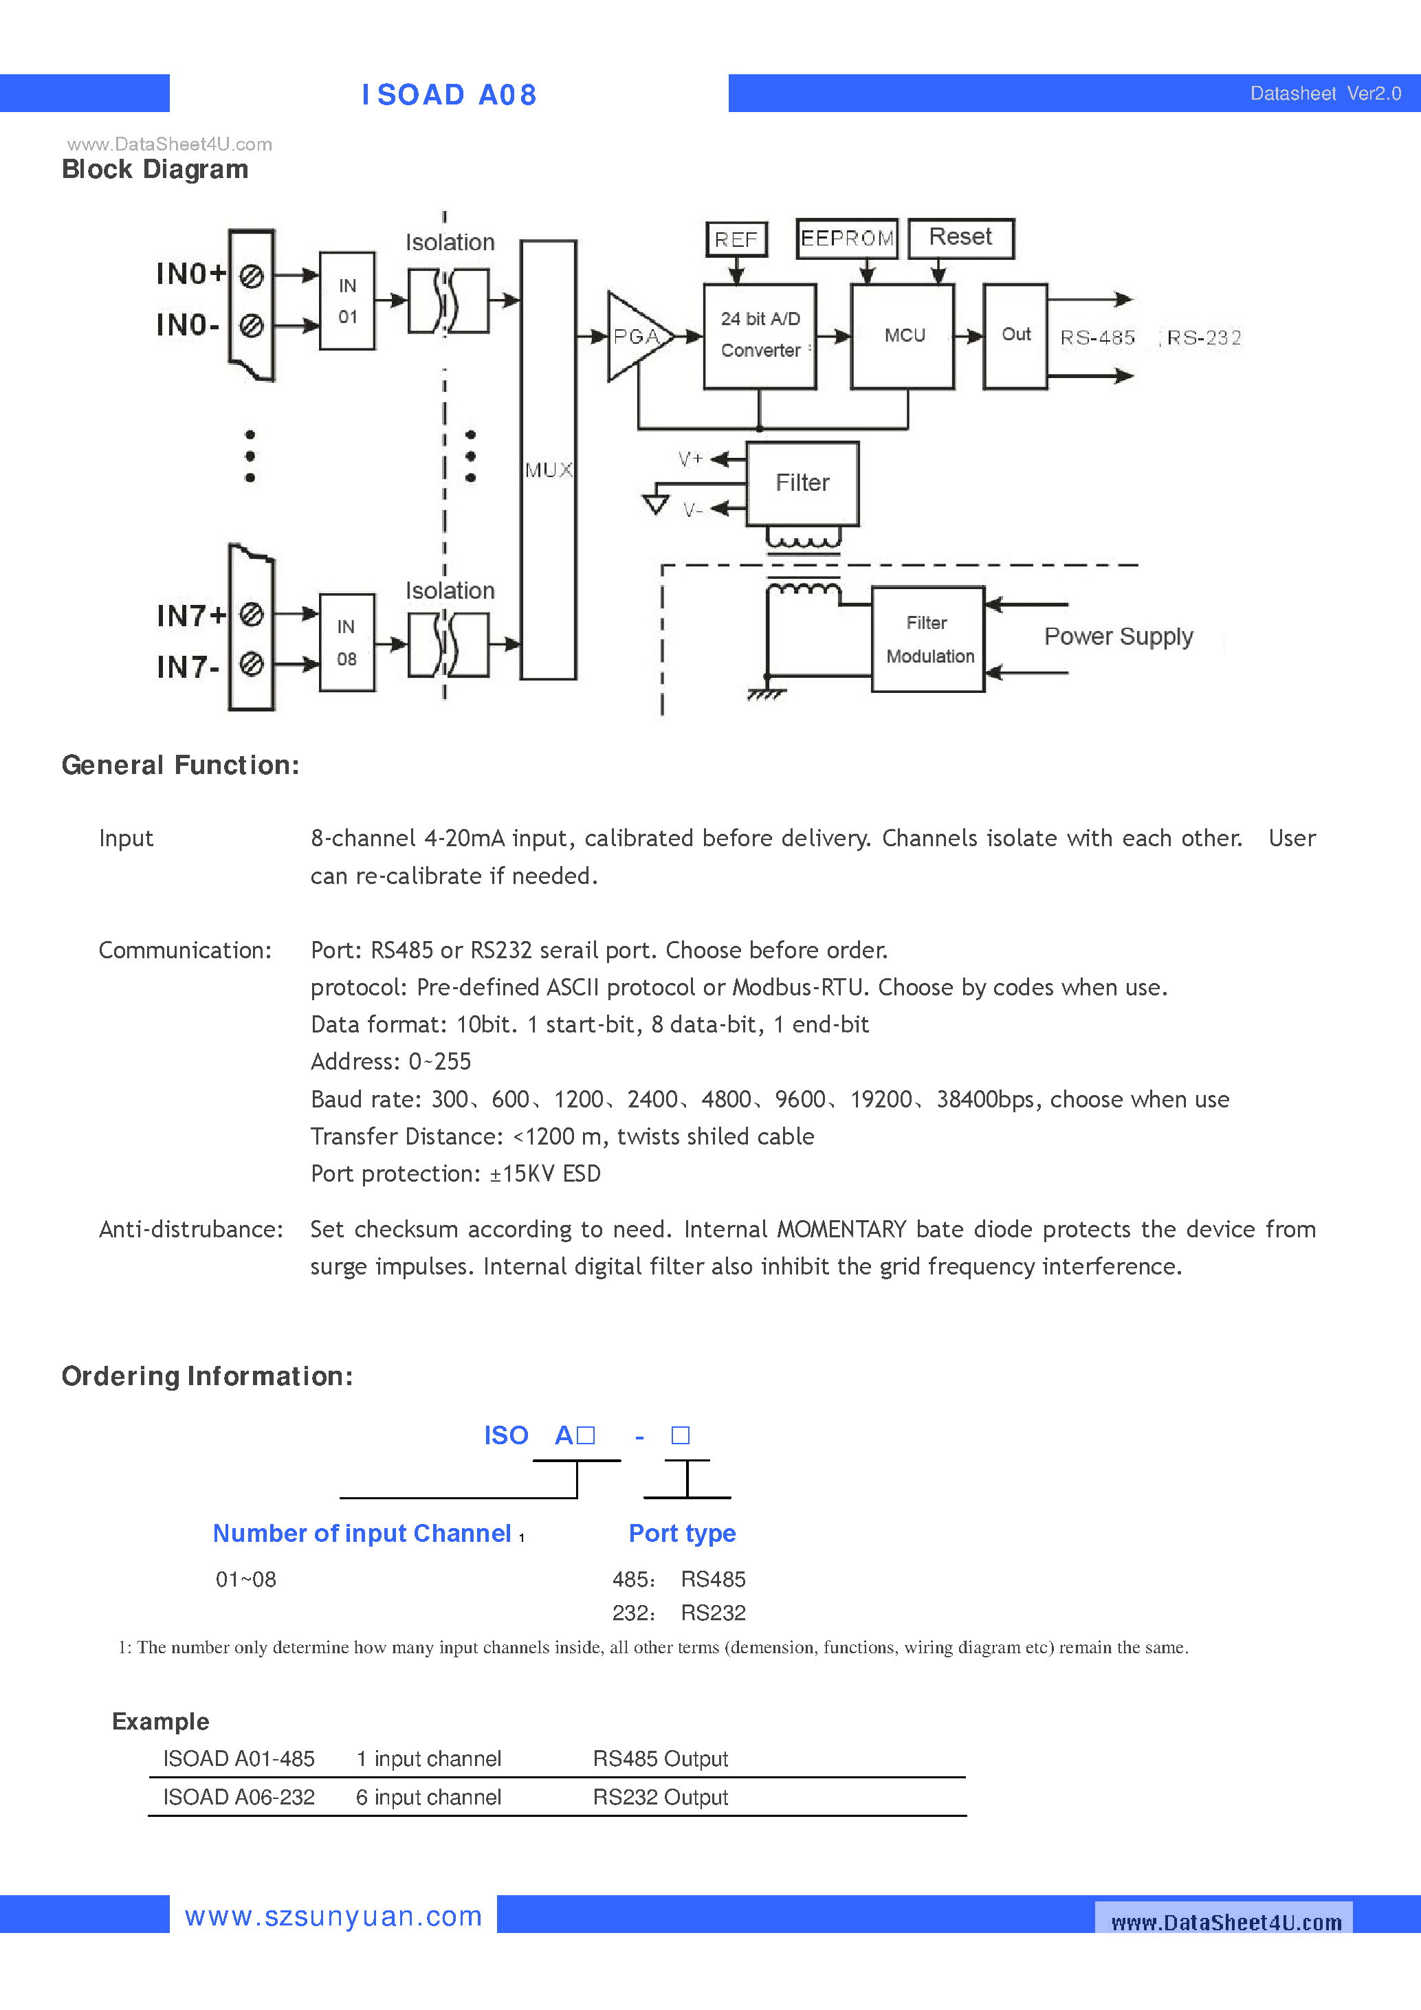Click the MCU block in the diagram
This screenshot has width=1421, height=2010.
(x=903, y=336)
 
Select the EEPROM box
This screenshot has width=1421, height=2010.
(x=847, y=238)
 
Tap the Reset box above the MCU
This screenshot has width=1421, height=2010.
(x=960, y=238)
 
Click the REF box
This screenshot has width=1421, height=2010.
(x=736, y=239)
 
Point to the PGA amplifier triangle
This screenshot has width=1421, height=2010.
(x=634, y=337)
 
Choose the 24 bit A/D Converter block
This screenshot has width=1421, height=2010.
(x=760, y=335)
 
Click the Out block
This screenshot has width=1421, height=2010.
(x=1015, y=335)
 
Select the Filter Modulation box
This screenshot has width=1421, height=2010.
(x=928, y=639)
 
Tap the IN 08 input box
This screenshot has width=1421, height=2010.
(x=346, y=643)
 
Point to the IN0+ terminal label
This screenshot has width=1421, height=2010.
(x=190, y=274)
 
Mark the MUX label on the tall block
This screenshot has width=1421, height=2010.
(x=548, y=470)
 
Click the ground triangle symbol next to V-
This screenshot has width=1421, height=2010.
(x=656, y=505)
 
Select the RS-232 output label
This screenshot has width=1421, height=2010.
(x=1204, y=338)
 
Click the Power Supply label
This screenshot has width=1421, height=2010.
(x=1118, y=637)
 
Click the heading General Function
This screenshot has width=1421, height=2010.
(x=180, y=765)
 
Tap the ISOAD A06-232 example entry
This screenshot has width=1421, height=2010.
(x=238, y=1798)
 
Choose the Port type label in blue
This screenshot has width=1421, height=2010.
(x=682, y=1533)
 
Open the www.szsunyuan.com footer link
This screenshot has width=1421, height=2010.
(x=333, y=1917)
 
